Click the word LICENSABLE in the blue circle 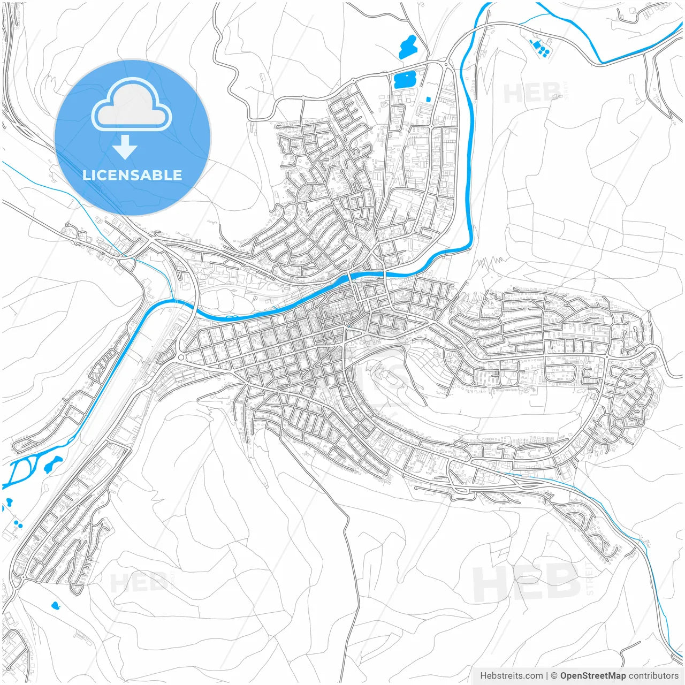tap(132, 175)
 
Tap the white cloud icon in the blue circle tap(132, 107)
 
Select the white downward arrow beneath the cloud tap(125, 148)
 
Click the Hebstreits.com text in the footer tap(511, 676)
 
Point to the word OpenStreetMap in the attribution tap(592, 676)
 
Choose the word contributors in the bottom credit tap(653, 676)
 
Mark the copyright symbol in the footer tap(554, 676)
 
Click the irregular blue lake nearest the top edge tap(408, 47)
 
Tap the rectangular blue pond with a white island tap(405, 80)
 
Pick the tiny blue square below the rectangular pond tap(428, 99)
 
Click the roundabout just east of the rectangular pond tap(446, 65)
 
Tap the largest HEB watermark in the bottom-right tap(527, 583)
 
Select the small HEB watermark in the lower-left tap(138, 582)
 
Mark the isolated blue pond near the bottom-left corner tap(55, 606)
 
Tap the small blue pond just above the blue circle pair tap(9, 503)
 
